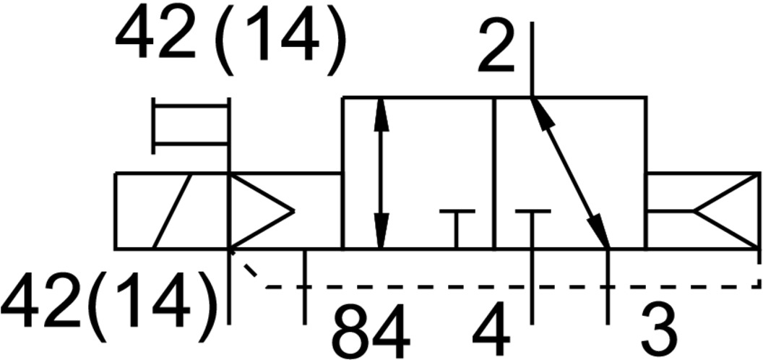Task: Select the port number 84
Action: click(x=371, y=332)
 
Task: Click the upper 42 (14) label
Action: click(x=230, y=41)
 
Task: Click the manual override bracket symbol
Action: click(x=191, y=125)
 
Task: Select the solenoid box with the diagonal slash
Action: click(x=171, y=211)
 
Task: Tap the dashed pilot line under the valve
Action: click(x=506, y=287)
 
